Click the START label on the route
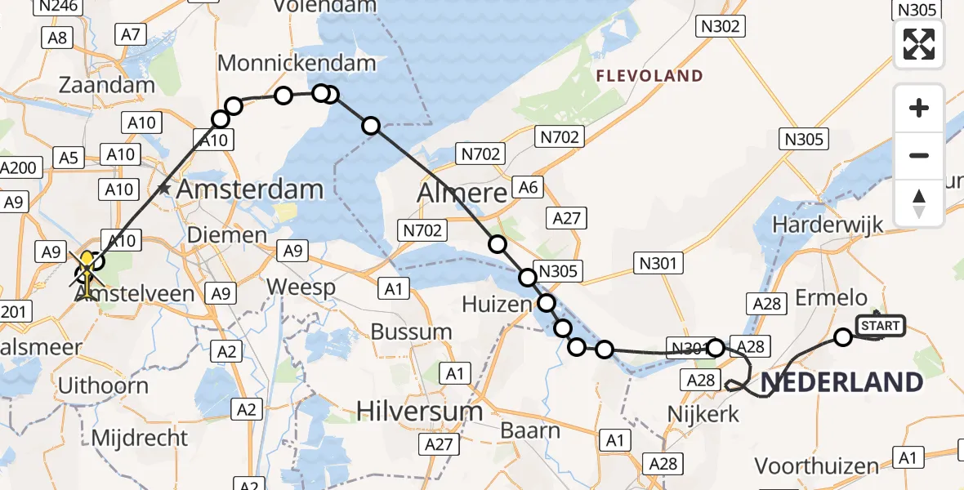coord(880,326)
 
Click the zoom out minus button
coord(919,155)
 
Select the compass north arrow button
coord(919,203)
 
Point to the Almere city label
coord(462,194)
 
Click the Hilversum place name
coord(419,411)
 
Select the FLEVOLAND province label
coord(649,76)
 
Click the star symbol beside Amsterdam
coord(164,189)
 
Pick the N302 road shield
coord(720,26)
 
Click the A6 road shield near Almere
coord(528,187)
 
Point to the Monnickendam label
coord(297,63)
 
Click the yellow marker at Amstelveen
coord(87,265)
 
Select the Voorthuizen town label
coord(817,466)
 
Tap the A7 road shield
coord(131,34)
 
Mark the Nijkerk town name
coord(703,414)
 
